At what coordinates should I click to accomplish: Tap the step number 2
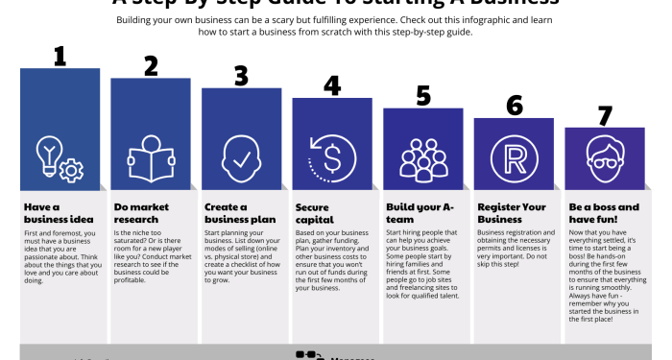click(x=151, y=65)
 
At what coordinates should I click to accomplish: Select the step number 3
click(x=241, y=76)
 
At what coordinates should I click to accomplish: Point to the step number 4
click(x=332, y=85)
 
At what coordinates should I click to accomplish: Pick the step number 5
click(x=423, y=96)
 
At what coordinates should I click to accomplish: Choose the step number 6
click(x=515, y=106)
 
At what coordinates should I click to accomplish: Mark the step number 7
click(x=605, y=116)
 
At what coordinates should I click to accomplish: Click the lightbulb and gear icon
click(x=60, y=157)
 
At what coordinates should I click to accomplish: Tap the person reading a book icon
click(x=151, y=157)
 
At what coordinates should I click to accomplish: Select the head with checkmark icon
click(x=241, y=157)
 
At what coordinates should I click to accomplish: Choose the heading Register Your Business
click(x=512, y=212)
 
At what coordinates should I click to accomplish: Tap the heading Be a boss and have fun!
click(x=604, y=212)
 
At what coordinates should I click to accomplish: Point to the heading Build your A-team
click(x=419, y=212)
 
